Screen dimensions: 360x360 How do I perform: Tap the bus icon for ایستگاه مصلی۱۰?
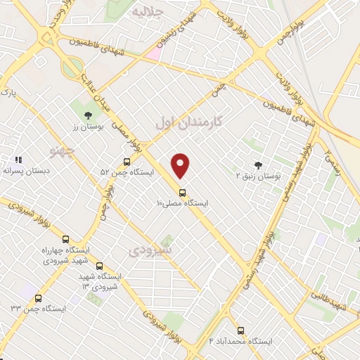tap(182, 192)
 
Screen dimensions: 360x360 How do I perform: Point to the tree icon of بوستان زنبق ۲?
tap(258, 166)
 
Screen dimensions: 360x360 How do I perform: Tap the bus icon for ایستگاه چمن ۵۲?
tap(126, 161)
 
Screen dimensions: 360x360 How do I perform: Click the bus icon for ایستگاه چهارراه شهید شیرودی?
tap(66, 239)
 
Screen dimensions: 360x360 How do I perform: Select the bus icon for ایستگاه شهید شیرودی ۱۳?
tap(98, 266)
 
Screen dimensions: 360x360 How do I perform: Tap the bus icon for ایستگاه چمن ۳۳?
tap(38, 298)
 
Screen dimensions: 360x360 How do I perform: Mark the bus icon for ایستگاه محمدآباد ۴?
tap(241, 330)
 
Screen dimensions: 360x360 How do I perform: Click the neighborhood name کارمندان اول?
tap(188, 122)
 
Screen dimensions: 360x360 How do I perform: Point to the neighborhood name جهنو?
tap(61, 150)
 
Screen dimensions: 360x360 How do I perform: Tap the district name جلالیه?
tap(153, 12)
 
